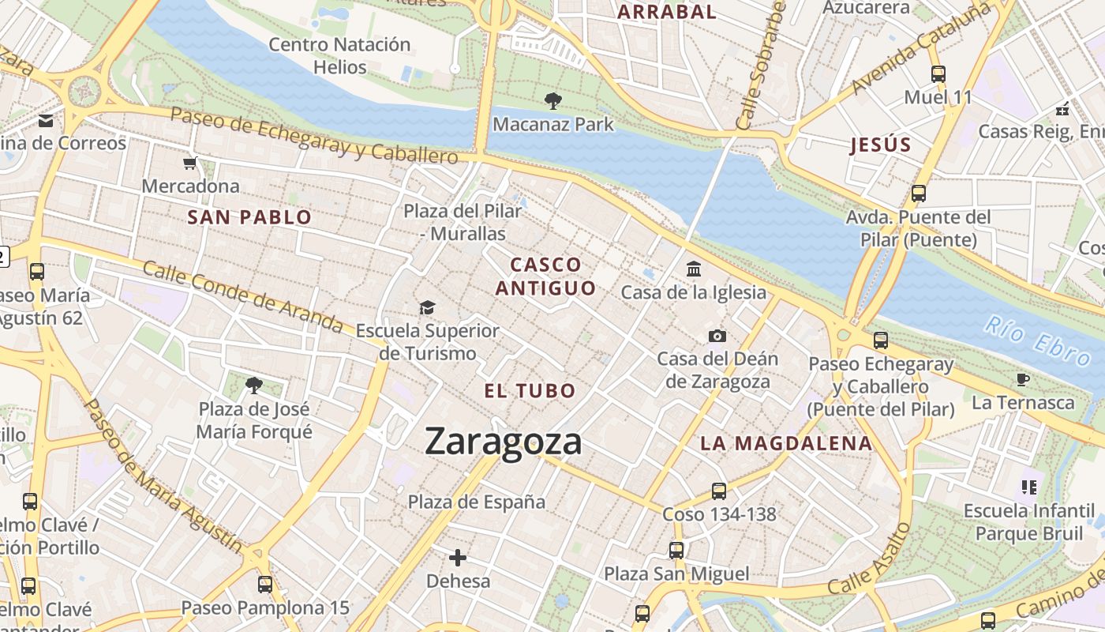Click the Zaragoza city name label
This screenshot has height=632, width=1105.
pos(503,442)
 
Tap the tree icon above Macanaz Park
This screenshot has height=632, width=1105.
pos(552,100)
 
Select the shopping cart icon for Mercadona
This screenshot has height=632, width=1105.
pos(189,164)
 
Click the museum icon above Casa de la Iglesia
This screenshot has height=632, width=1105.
pos(693,269)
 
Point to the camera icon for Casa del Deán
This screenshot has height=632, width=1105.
pos(717,337)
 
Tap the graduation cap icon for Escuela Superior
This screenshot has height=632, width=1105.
pos(427,307)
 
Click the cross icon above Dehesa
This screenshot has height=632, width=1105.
pos(457,558)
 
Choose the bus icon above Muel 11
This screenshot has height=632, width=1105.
pos(938,74)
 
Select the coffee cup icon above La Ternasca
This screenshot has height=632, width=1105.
pos(1023,380)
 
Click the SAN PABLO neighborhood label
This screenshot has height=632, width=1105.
pos(249,217)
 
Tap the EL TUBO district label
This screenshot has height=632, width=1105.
pos(530,391)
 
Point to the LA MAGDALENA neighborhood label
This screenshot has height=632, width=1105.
pos(786,443)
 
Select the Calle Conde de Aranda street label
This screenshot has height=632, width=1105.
pos(243,297)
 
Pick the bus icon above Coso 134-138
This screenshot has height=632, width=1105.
pos(718,491)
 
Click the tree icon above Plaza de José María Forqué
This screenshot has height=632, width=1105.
pos(253,385)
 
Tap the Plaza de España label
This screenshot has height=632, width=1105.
pos(476,502)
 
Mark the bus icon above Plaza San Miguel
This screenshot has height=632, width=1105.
pos(676,550)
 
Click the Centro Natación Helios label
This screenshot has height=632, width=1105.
pos(339,55)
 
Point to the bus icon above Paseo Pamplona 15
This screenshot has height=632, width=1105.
pos(265,585)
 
